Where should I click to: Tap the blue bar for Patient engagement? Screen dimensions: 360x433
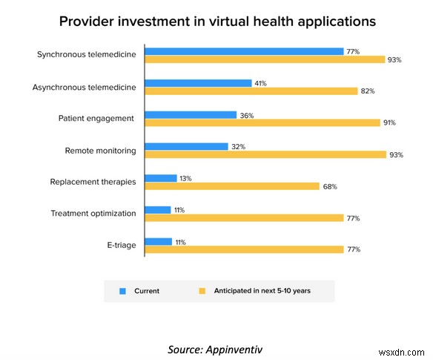click(x=191, y=115)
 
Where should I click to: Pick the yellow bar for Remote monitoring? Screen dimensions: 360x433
click(x=265, y=154)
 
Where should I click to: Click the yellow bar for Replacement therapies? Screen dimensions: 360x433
click(x=232, y=186)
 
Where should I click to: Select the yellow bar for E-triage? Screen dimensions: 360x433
click(x=244, y=249)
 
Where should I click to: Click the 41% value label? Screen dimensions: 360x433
click(x=261, y=83)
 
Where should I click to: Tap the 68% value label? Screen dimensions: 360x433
click(x=330, y=186)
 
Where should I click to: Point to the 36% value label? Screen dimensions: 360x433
click(x=245, y=115)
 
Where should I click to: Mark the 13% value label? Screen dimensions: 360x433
click(x=186, y=178)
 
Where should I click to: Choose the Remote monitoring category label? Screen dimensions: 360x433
click(x=100, y=151)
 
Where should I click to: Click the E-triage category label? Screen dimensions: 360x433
click(x=121, y=245)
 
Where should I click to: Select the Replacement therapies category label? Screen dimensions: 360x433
click(x=93, y=182)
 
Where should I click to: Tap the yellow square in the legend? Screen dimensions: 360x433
click(x=201, y=290)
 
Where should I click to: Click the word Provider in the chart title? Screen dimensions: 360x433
click(x=87, y=21)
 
